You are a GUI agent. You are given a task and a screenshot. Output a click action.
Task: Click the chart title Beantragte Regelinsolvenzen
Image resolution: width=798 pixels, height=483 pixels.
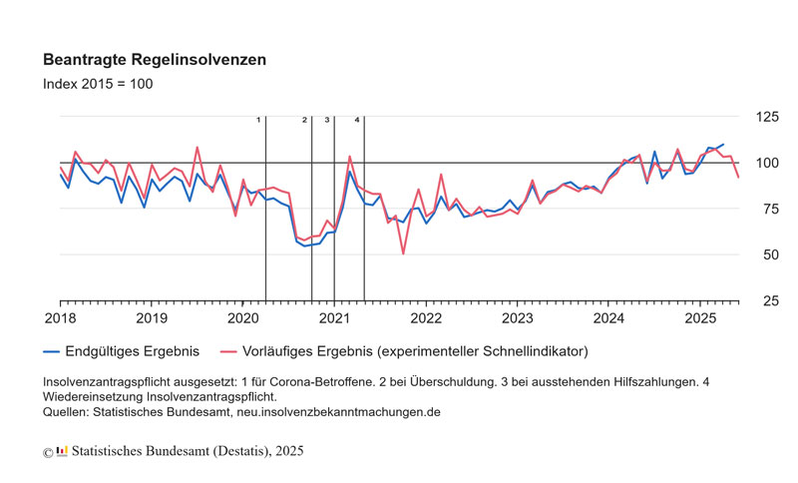[154, 60]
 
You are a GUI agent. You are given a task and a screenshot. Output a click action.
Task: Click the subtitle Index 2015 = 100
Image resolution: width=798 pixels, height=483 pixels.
[98, 84]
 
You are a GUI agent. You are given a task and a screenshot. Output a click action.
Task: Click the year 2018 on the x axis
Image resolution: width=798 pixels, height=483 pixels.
[60, 318]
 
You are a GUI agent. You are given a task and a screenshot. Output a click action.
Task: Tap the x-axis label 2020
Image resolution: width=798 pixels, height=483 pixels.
[242, 318]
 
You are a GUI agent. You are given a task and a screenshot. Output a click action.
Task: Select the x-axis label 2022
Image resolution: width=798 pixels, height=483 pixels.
[426, 318]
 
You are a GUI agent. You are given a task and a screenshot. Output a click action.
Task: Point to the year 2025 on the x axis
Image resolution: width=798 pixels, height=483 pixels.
[700, 318]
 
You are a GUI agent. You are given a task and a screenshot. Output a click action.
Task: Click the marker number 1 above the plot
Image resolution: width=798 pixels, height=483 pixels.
[258, 120]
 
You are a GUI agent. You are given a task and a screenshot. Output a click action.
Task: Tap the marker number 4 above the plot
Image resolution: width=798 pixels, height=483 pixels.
[357, 120]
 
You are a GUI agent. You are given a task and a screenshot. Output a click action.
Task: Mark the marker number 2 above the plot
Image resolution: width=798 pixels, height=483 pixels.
[304, 120]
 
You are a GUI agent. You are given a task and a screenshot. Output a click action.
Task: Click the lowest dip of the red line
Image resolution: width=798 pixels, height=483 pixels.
[403, 253]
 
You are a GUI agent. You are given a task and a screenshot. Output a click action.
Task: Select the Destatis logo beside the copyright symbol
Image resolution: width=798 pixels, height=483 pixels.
[62, 451]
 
